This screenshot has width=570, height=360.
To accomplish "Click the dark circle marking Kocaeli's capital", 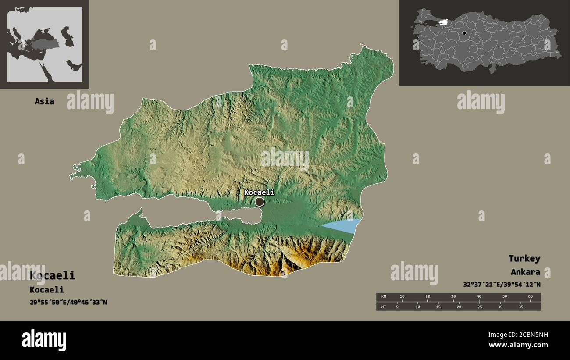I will pyautogui.click(x=260, y=202).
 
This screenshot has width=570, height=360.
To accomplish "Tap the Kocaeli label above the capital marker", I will pyautogui.click(x=259, y=192).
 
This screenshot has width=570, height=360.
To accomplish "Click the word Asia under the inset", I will pyautogui.click(x=45, y=101).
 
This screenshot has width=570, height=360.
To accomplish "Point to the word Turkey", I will pyautogui.click(x=524, y=258).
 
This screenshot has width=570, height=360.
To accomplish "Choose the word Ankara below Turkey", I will pyautogui.click(x=525, y=272).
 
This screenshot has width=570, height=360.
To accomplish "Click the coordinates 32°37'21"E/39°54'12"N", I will pyautogui.click(x=502, y=285).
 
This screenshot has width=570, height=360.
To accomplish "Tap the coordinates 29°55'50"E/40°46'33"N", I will pyautogui.click(x=68, y=302).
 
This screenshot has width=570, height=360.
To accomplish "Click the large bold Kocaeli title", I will pyautogui.click(x=52, y=275).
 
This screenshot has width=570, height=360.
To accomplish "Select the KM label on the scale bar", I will pyautogui.click(x=384, y=297).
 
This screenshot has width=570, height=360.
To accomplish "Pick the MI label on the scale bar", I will pyautogui.click(x=384, y=307).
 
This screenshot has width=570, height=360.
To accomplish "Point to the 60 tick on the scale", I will pyautogui.click(x=530, y=297).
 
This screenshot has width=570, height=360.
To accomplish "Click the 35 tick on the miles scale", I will pyautogui.click(x=521, y=307).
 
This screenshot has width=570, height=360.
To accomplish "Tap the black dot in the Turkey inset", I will pyautogui.click(x=464, y=33).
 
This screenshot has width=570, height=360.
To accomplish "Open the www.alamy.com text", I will pyautogui.click(x=518, y=345).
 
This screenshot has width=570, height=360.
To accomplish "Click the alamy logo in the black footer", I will pyautogui.click(x=44, y=340).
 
